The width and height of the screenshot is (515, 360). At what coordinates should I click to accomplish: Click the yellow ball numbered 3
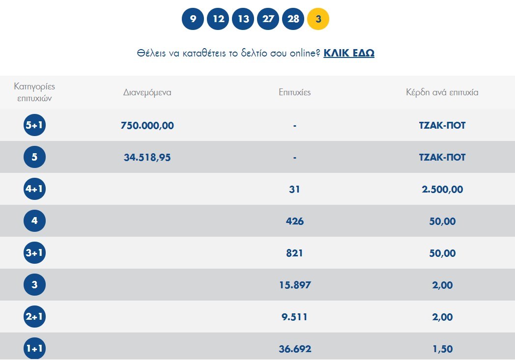(318, 19)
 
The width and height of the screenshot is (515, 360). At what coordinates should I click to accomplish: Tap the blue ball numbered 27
(268, 19)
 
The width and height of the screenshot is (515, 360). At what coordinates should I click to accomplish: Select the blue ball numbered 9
(193, 19)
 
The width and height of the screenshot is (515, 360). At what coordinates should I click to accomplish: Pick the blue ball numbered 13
(243, 19)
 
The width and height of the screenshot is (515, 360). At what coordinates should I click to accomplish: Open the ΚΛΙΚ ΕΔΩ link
(349, 53)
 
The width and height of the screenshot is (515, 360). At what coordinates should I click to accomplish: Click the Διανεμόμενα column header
(147, 92)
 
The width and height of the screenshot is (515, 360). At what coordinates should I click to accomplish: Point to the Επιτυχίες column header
(294, 92)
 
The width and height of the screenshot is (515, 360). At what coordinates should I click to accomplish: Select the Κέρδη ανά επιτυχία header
(442, 92)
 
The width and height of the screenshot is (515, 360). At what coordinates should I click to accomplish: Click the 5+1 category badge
(34, 125)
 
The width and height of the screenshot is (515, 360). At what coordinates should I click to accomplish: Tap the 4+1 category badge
(34, 189)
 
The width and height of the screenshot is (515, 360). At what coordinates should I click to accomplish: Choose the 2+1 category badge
(34, 317)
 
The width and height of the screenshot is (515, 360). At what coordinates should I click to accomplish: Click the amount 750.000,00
(147, 126)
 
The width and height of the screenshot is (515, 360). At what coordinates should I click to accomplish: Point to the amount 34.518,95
(147, 158)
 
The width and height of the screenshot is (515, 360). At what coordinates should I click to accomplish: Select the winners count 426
(294, 222)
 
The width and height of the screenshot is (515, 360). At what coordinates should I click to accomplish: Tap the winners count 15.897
(294, 285)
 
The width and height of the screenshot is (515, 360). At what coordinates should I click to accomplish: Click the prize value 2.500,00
(442, 190)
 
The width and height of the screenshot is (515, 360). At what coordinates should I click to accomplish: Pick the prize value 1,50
(442, 349)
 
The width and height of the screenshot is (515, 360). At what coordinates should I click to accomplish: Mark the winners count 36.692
(294, 349)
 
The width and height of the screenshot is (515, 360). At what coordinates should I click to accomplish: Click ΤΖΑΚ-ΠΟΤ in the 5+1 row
(442, 126)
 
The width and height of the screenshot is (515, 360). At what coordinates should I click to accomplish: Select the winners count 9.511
(294, 317)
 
